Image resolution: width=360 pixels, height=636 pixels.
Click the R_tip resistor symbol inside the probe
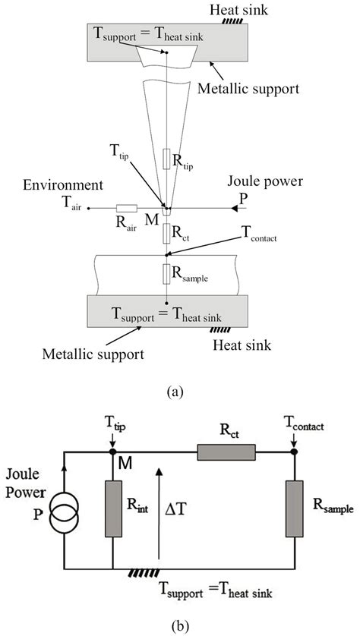click(166, 159)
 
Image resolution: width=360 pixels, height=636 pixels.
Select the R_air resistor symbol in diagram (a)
click(125, 207)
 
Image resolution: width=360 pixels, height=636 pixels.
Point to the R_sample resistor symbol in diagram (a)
click(166, 272)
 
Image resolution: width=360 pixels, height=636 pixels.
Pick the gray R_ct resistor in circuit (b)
click(226, 452)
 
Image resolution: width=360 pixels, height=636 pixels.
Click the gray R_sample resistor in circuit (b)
click(294, 507)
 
